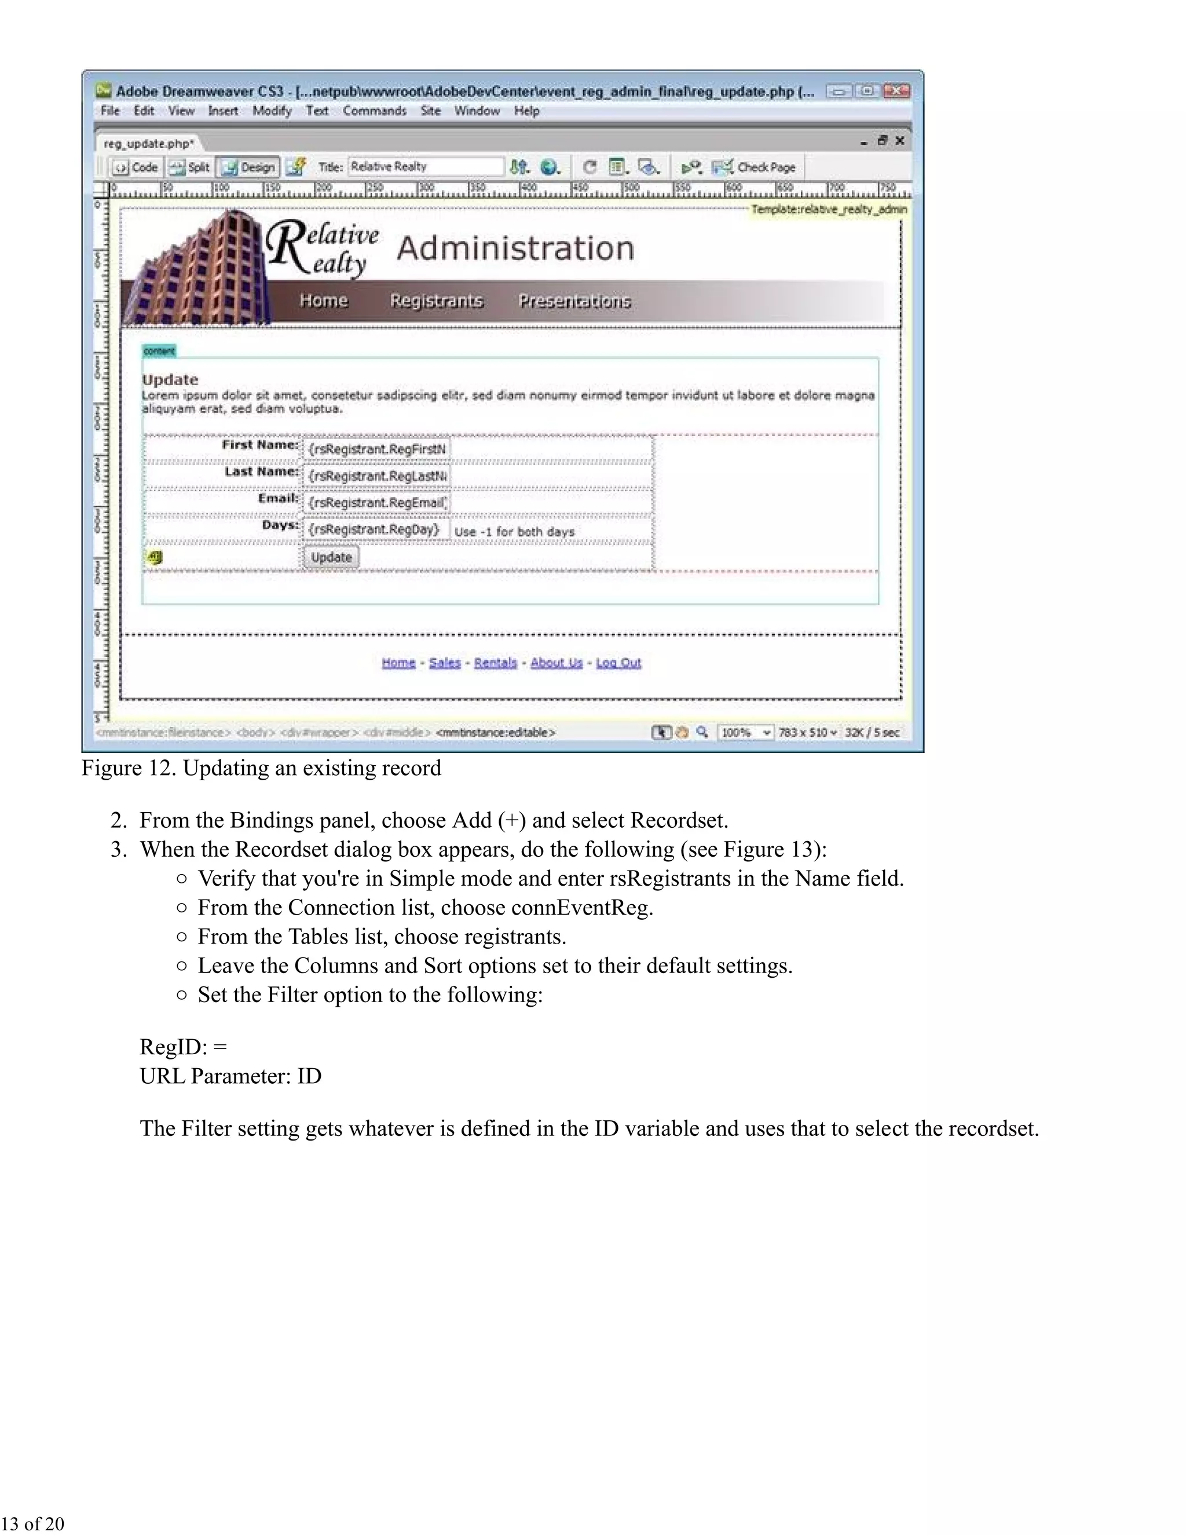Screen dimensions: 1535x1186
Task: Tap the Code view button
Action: [x=138, y=167]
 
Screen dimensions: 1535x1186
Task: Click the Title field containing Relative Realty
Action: [x=425, y=167]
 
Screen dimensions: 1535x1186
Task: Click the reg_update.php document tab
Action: [x=148, y=144]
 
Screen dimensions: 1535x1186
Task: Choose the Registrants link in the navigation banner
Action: [x=436, y=301]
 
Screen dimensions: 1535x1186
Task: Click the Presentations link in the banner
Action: [x=574, y=301]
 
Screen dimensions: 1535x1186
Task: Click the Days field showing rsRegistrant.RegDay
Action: [x=375, y=529]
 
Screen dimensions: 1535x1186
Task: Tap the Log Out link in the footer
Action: [x=618, y=663]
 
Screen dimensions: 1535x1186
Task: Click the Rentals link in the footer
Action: [x=495, y=663]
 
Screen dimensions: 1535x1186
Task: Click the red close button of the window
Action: [x=896, y=91]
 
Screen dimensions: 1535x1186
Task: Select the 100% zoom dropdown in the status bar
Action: [x=745, y=732]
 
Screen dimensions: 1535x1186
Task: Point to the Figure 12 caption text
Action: [x=261, y=768]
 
